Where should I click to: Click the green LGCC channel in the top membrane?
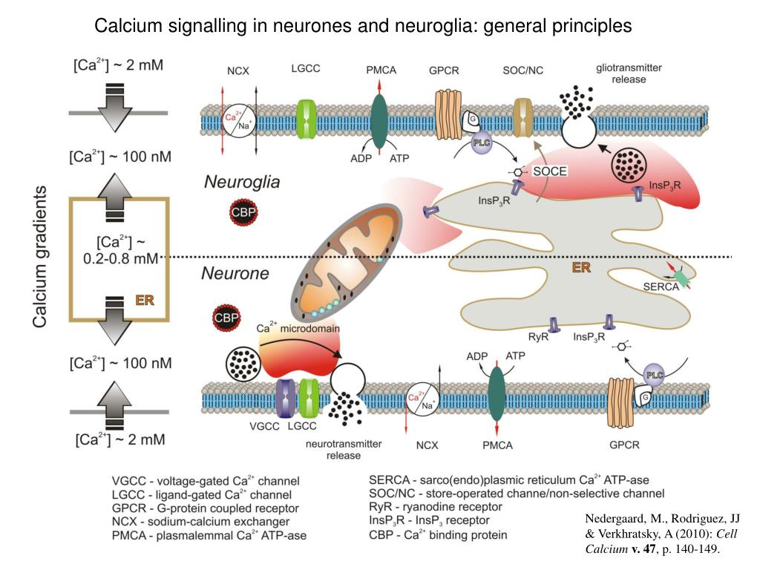307,118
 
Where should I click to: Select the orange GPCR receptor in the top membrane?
448,114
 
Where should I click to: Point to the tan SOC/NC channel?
523,117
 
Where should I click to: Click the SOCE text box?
549,171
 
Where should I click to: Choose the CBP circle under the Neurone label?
227,318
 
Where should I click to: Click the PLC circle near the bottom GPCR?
654,376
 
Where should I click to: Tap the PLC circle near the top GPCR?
483,142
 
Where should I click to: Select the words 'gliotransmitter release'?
629,73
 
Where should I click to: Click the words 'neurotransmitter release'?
344,450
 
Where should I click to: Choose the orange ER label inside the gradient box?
145,300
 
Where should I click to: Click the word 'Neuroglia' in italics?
241,182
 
